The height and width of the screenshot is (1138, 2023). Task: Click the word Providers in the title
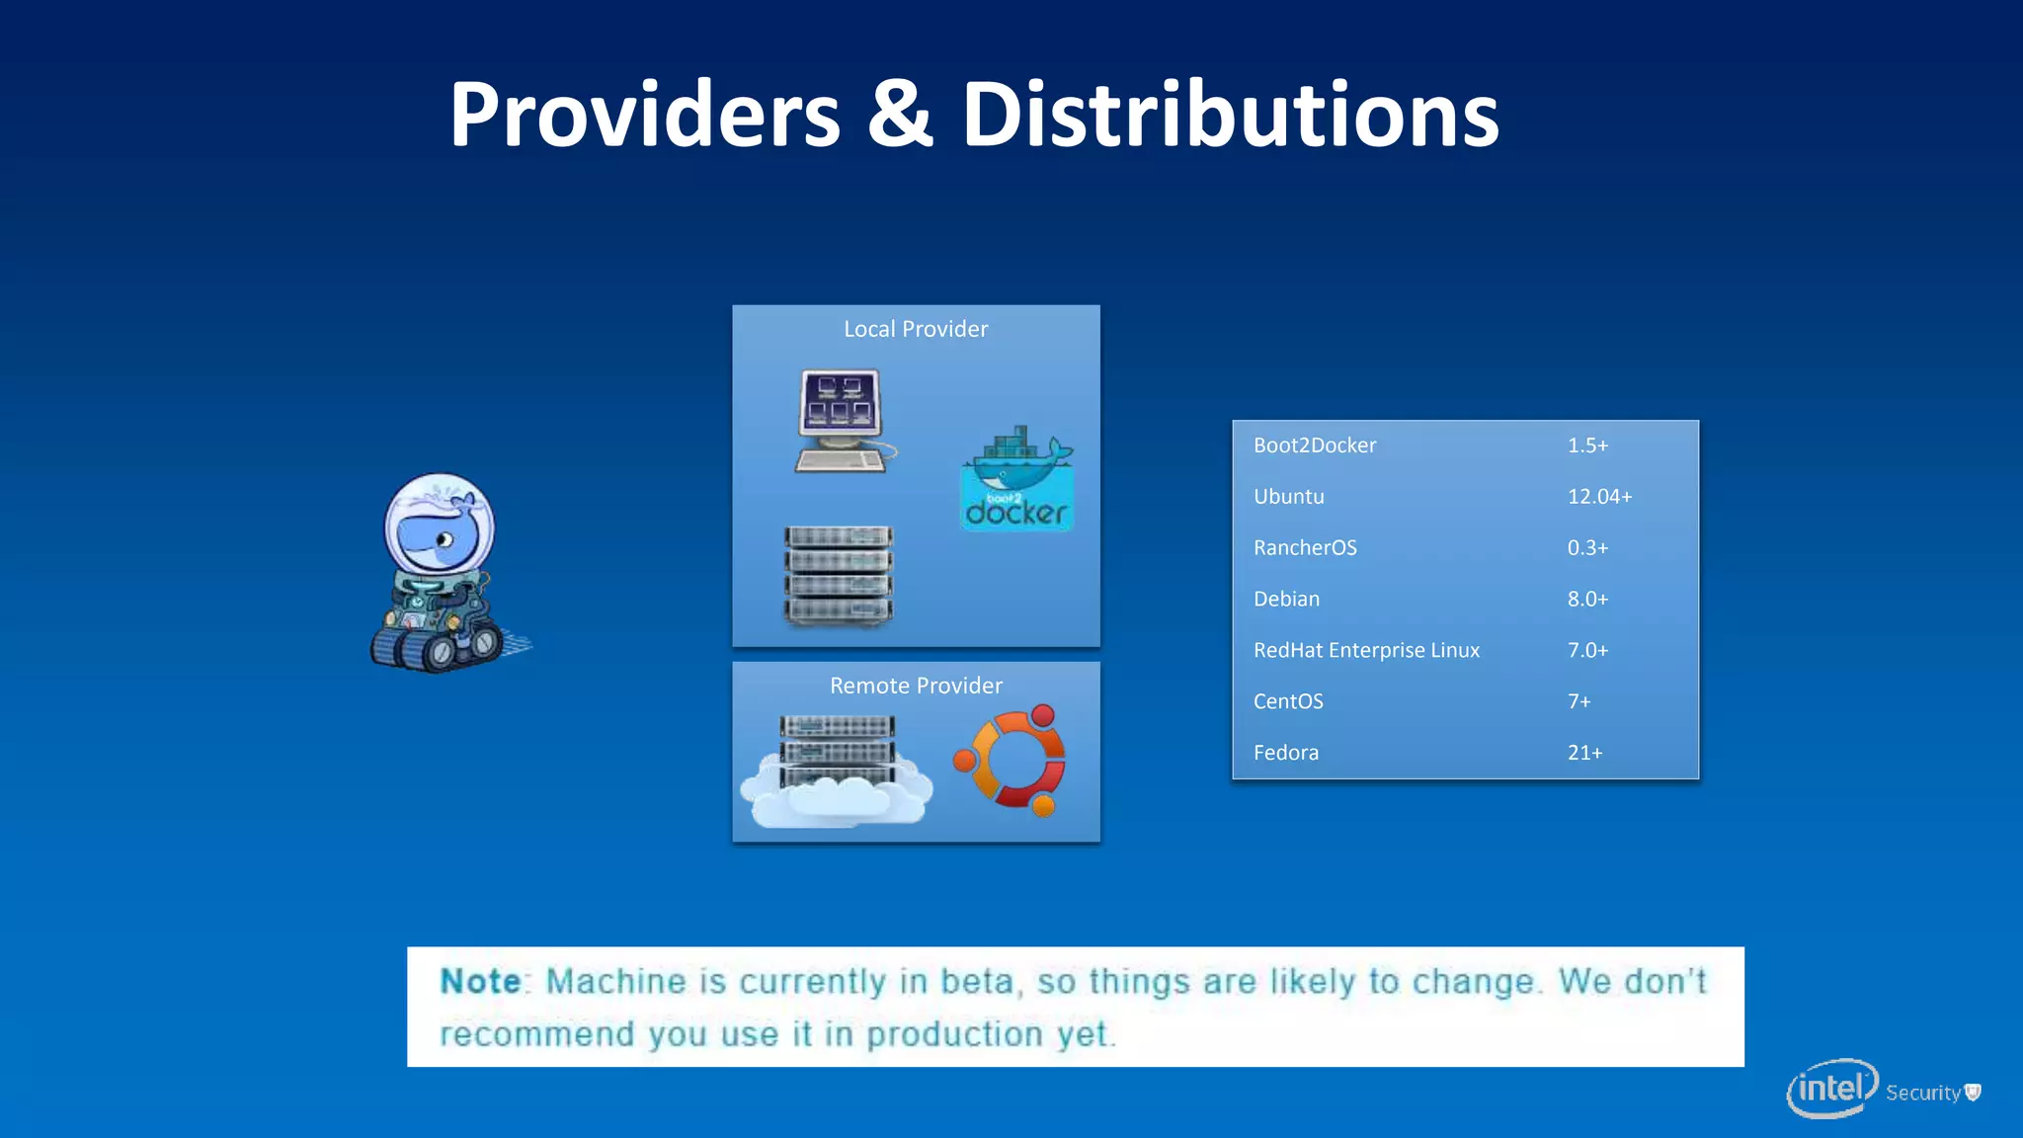click(x=644, y=116)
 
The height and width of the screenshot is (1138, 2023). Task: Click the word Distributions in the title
click(x=1230, y=116)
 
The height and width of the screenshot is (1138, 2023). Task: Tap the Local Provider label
click(x=916, y=329)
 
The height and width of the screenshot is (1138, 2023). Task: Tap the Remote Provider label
click(x=916, y=686)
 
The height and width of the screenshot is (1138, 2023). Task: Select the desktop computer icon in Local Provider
click(x=842, y=421)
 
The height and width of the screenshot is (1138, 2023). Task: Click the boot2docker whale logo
click(x=1017, y=480)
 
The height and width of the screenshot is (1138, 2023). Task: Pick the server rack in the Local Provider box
click(x=839, y=576)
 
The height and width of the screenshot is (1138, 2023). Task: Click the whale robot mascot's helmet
click(x=440, y=524)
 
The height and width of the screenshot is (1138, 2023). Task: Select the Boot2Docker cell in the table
click(x=1315, y=446)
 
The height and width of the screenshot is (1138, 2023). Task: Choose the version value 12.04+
click(x=1599, y=497)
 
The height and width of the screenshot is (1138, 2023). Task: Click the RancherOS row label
click(x=1305, y=548)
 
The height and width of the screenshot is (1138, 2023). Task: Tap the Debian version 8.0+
click(x=1587, y=600)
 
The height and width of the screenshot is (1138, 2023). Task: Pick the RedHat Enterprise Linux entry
click(x=1366, y=651)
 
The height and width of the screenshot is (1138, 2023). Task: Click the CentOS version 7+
click(x=1578, y=702)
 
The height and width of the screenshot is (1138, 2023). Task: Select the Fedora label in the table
click(x=1286, y=754)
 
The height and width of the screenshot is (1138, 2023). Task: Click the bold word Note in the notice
click(x=481, y=982)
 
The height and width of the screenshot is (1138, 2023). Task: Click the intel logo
click(x=1831, y=1089)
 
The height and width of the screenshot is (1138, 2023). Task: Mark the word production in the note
click(x=954, y=1034)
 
